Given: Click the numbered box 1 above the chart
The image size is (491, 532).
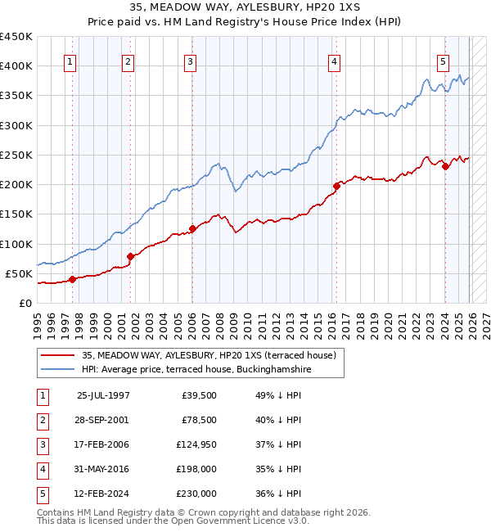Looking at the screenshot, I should [70, 61].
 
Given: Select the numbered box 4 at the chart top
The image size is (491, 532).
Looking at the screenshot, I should [336, 61].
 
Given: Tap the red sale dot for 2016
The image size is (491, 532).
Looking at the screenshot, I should [336, 186].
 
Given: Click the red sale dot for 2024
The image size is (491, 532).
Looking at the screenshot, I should [445, 167].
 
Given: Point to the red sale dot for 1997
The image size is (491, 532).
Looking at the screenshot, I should [72, 279].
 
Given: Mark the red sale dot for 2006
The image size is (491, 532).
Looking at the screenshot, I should [192, 229].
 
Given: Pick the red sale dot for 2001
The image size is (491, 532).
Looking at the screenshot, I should [130, 256].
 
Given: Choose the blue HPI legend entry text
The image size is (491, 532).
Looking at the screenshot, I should [196, 370].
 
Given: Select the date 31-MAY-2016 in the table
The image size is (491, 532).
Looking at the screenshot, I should [103, 469].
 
